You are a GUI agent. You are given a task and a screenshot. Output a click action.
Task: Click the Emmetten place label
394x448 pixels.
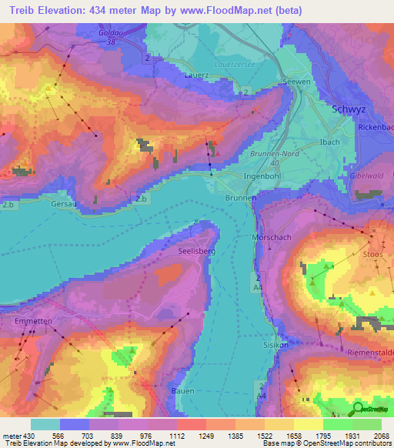click(x=32, y=319)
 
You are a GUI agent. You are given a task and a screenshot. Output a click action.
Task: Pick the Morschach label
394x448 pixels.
click(x=272, y=238)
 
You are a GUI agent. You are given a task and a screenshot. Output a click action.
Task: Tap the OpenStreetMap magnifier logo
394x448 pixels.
click(x=359, y=409)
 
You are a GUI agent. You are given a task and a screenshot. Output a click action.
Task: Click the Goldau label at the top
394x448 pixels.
click(x=112, y=34)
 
